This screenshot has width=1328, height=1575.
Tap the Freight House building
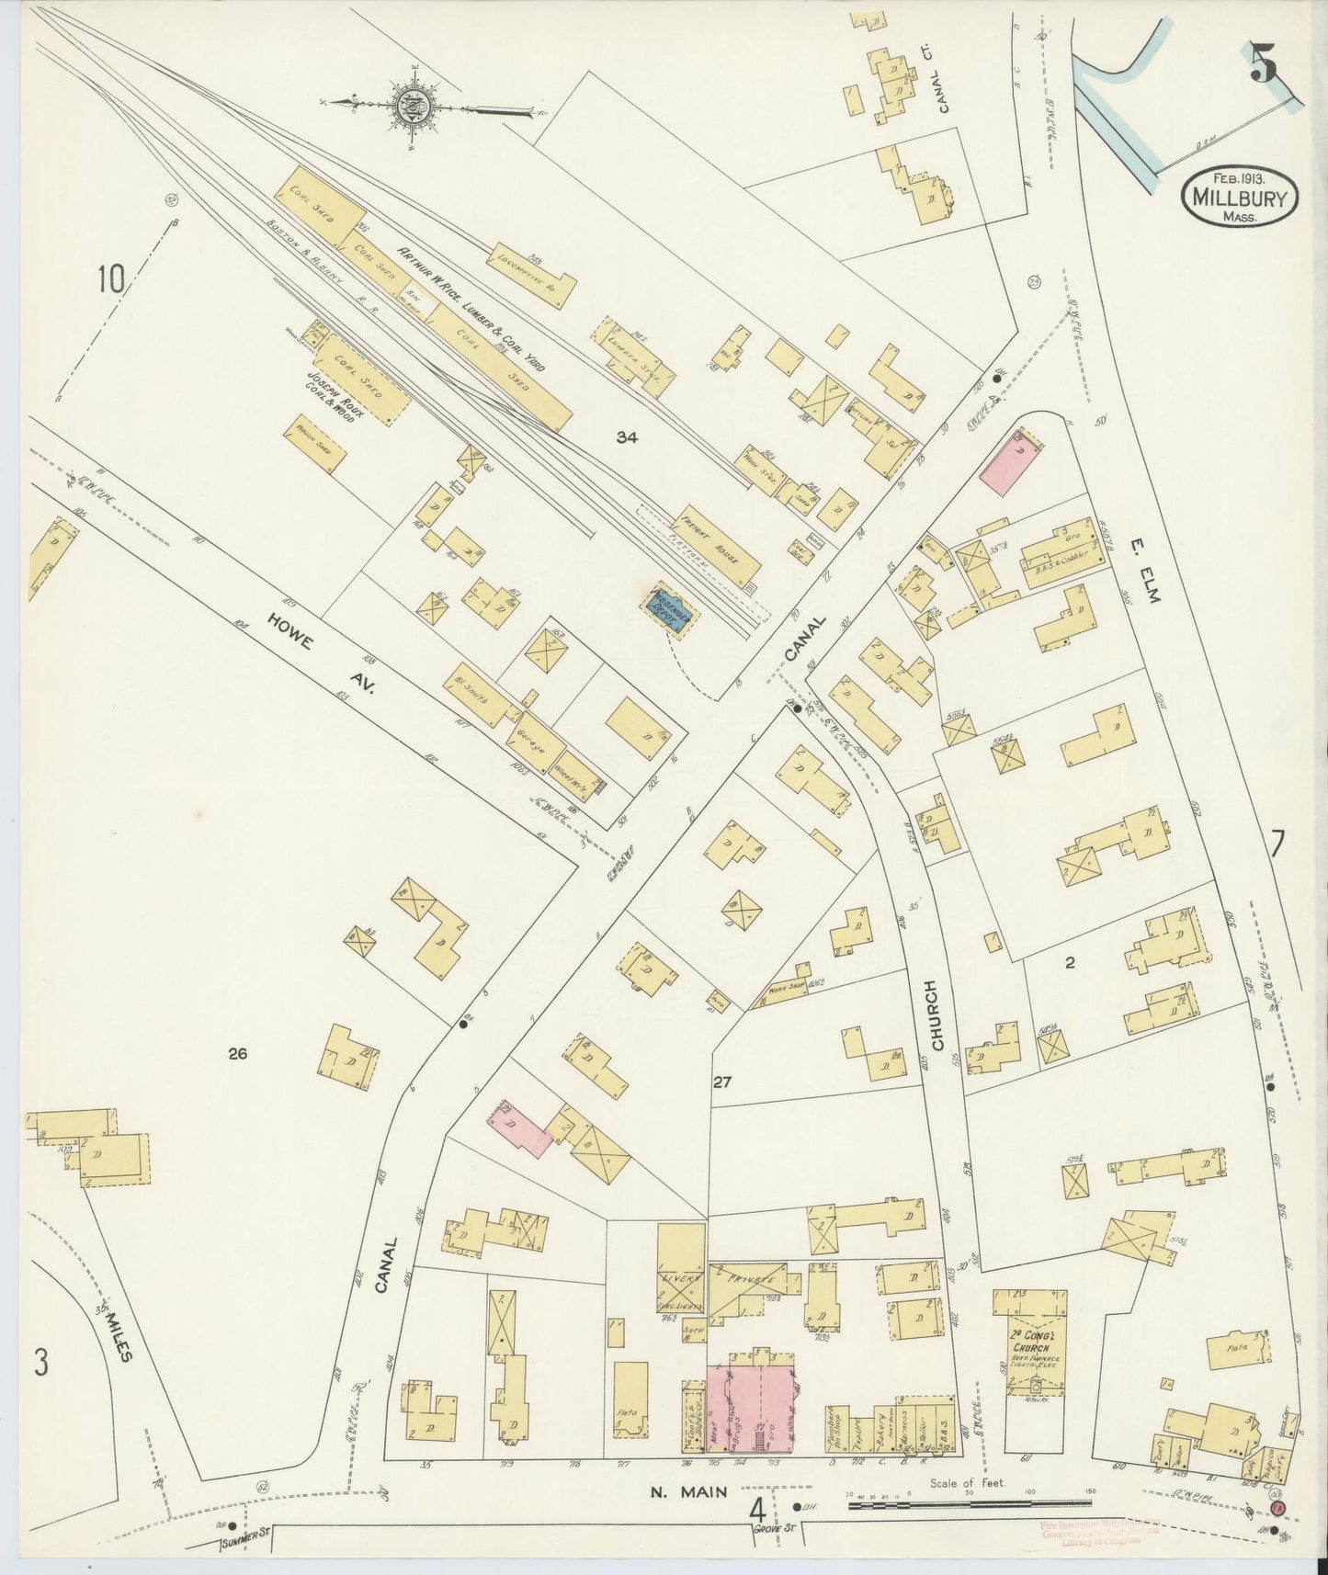pyautogui.click(x=720, y=547)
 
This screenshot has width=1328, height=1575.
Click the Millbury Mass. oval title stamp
pyautogui.click(x=1239, y=196)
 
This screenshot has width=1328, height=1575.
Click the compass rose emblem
pyautogui.click(x=406, y=106)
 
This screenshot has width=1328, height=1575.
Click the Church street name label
pyautogui.click(x=935, y=1015)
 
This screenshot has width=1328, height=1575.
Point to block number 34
pyautogui.click(x=628, y=438)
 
